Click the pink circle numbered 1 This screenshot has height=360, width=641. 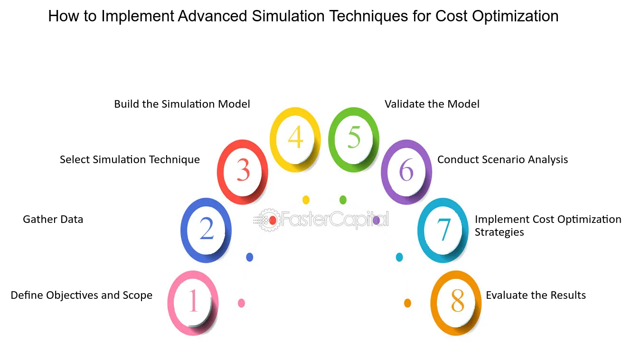pyautogui.click(x=170, y=303)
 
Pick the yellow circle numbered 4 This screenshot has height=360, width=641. pyautogui.click(x=273, y=139)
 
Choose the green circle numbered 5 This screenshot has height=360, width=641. pyautogui.click(x=331, y=139)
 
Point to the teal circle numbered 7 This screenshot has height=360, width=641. pyautogui.click(x=421, y=231)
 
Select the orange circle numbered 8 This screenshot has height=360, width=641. pyautogui.click(x=434, y=303)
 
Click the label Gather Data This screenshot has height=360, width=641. pyautogui.click(x=53, y=219)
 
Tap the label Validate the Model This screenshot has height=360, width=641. pyautogui.click(x=432, y=104)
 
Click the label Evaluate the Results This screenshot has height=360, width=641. pyautogui.click(x=536, y=295)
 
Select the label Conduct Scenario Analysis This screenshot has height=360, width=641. pyautogui.click(x=502, y=159)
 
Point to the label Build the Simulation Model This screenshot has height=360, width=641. pyautogui.click(x=182, y=104)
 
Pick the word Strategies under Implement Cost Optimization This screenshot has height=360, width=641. pyautogui.click(x=500, y=232)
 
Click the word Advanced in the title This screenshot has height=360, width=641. pyautogui.click(x=212, y=16)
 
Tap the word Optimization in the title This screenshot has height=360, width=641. pyautogui.click(x=515, y=17)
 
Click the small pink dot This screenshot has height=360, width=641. pyautogui.click(x=241, y=303)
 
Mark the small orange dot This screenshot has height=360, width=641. pyautogui.click(x=407, y=303)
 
